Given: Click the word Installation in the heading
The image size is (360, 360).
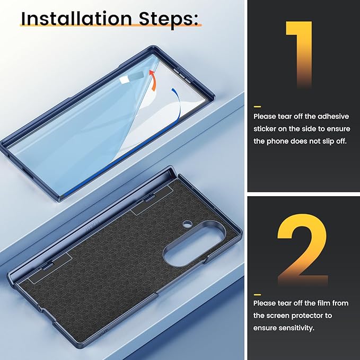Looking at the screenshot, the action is click(x=76, y=19).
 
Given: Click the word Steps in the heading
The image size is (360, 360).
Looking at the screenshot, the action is click(x=169, y=19).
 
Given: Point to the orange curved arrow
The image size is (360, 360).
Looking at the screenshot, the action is click(x=153, y=81).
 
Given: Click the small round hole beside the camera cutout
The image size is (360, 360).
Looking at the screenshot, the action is click(x=188, y=223).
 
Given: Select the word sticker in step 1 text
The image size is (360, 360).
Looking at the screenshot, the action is click(x=265, y=129).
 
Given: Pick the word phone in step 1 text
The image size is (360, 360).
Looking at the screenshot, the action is click(x=277, y=141).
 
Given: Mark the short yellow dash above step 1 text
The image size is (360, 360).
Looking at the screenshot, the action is click(x=257, y=107).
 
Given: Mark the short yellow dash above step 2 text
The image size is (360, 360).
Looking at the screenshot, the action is click(x=257, y=295).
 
